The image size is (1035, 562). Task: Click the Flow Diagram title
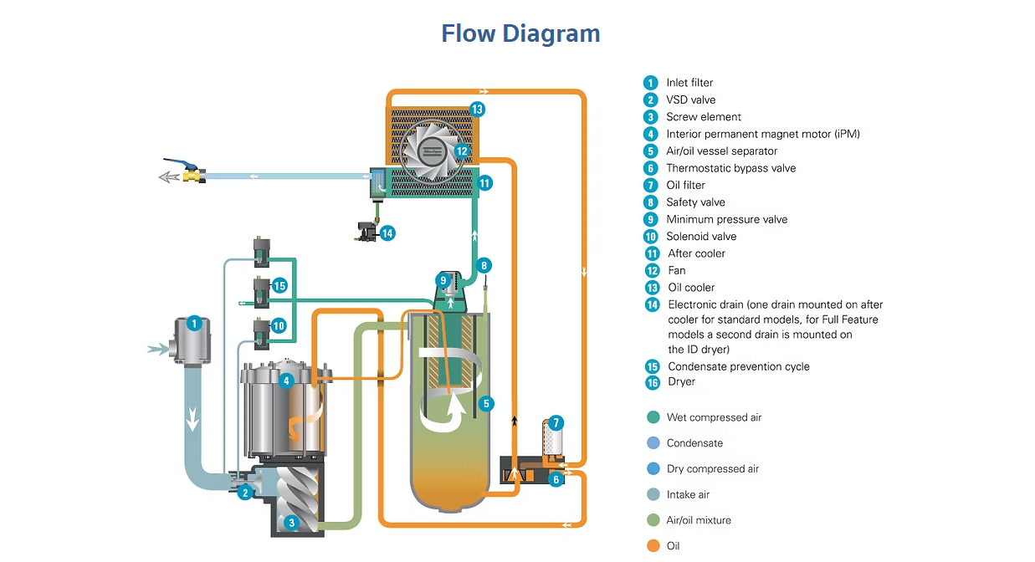pos(520,33)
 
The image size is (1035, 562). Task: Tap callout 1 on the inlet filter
pos(194,323)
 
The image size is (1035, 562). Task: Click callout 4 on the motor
pos(286,381)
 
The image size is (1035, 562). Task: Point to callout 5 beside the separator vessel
pos(487,403)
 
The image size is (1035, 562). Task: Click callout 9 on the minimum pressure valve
pos(443,280)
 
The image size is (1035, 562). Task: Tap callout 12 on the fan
pos(463,151)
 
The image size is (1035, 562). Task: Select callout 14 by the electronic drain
pos(387,233)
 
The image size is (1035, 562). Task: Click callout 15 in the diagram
pos(279,286)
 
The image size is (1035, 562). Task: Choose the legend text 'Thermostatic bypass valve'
pos(730,168)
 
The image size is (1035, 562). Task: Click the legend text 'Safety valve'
pos(695,202)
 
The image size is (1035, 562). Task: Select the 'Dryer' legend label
pos(681,382)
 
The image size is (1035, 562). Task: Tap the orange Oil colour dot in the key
pos(653,546)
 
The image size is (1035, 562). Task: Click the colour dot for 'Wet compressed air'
pos(653,417)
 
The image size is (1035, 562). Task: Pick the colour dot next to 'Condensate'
pos(653,443)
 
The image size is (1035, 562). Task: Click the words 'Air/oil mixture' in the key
pos(699,520)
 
